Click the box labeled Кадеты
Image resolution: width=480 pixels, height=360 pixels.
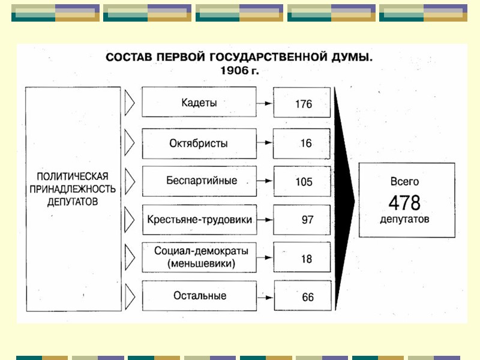[x=199, y=102]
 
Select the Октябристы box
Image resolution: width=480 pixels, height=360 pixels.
[x=199, y=143]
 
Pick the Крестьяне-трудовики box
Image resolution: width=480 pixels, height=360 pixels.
[x=199, y=220]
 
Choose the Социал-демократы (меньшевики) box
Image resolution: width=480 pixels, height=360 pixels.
[x=199, y=257]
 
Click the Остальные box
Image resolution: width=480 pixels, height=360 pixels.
[x=199, y=296]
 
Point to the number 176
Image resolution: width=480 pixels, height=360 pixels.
[x=304, y=104]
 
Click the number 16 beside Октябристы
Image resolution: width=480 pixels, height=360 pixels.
[x=306, y=144]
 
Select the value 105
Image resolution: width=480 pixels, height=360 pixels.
[x=304, y=182]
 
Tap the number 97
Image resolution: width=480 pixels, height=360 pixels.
[x=307, y=220]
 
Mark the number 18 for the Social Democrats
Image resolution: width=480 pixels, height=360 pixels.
[x=307, y=259]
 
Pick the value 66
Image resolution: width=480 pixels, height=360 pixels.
[x=307, y=297]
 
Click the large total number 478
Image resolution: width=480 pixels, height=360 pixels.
[x=404, y=201]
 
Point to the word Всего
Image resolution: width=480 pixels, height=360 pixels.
[x=404, y=181]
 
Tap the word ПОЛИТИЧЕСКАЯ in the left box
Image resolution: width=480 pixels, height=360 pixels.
[x=72, y=176]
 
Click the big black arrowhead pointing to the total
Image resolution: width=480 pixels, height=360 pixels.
[x=344, y=198]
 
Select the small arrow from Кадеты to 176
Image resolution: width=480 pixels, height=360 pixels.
[x=262, y=103]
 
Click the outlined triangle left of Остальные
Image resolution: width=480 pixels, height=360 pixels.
[x=129, y=296]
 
